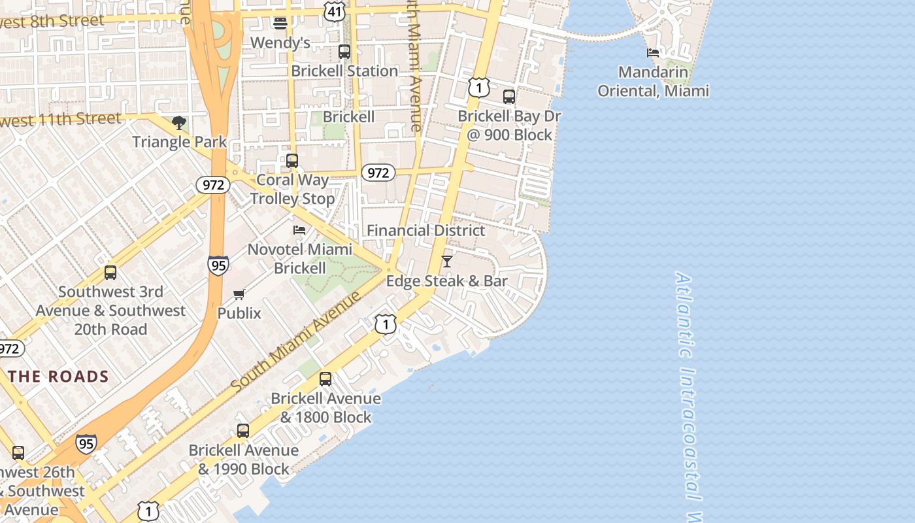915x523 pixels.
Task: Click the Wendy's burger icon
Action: pyautogui.click(x=280, y=24)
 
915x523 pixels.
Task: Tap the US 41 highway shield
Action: pyautogui.click(x=335, y=10)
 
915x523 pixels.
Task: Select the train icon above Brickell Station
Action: pyautogui.click(x=344, y=52)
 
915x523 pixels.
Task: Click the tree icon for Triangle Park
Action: pyautogui.click(x=179, y=123)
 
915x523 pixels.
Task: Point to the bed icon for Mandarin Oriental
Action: pyautogui.click(x=653, y=53)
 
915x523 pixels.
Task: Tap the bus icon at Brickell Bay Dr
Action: pyautogui.click(x=509, y=97)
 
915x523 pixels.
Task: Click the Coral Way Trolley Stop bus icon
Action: pyautogui.click(x=292, y=161)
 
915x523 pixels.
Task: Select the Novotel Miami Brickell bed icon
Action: pyautogui.click(x=299, y=230)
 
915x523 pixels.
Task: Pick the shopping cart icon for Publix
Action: pyautogui.click(x=239, y=295)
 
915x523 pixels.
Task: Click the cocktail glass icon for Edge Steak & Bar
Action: pyautogui.click(x=447, y=261)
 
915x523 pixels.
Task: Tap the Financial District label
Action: pyautogui.click(x=425, y=231)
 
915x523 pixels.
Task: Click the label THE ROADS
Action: pyautogui.click(x=59, y=377)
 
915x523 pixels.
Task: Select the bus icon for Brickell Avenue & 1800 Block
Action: pyautogui.click(x=325, y=379)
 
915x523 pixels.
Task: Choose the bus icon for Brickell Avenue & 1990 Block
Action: pyautogui.click(x=243, y=431)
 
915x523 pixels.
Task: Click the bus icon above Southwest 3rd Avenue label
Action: pyautogui.click(x=110, y=273)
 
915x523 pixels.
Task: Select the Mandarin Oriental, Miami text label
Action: pyautogui.click(x=653, y=82)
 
